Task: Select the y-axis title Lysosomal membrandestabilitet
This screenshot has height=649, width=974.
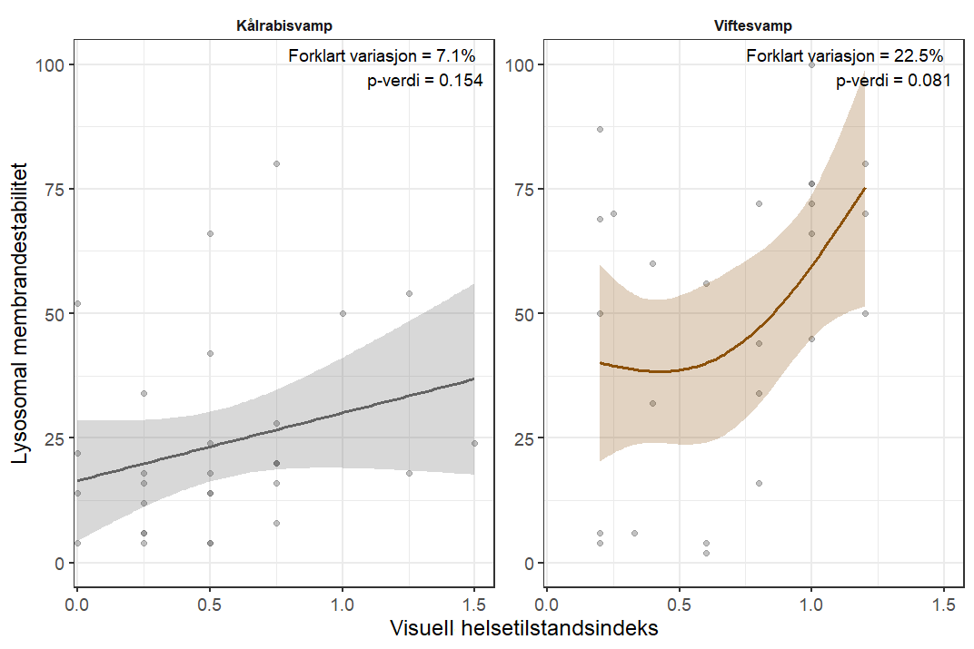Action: [x=21, y=313]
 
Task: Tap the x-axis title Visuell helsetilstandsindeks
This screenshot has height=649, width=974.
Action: [x=523, y=628]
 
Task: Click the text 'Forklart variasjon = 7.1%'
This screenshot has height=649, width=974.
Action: [x=382, y=56]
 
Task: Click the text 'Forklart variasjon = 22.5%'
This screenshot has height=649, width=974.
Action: [x=849, y=56]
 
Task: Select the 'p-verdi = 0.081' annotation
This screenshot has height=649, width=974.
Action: [x=893, y=80]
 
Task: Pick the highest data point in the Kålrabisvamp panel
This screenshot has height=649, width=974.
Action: [x=276, y=163]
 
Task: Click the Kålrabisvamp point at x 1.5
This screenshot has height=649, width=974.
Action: [x=474, y=443]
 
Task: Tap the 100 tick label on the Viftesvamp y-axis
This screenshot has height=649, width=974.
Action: [x=518, y=64]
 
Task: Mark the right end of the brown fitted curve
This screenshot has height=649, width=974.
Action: [x=865, y=188]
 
